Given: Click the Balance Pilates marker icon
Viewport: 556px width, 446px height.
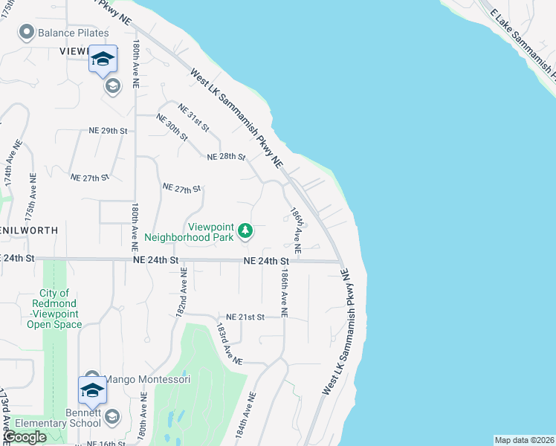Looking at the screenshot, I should [27, 33].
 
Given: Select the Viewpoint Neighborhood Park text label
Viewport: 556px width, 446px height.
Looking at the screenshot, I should [190, 232].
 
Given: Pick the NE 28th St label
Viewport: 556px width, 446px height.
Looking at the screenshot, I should [227, 157].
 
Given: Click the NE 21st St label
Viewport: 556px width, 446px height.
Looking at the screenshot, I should [245, 317].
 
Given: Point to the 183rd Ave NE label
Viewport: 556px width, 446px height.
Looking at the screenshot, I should [229, 343].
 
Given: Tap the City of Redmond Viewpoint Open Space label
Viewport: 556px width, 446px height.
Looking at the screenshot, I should [54, 308].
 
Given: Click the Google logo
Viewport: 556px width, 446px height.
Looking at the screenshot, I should [25, 438].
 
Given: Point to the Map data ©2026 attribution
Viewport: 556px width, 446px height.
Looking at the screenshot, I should [523, 440].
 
